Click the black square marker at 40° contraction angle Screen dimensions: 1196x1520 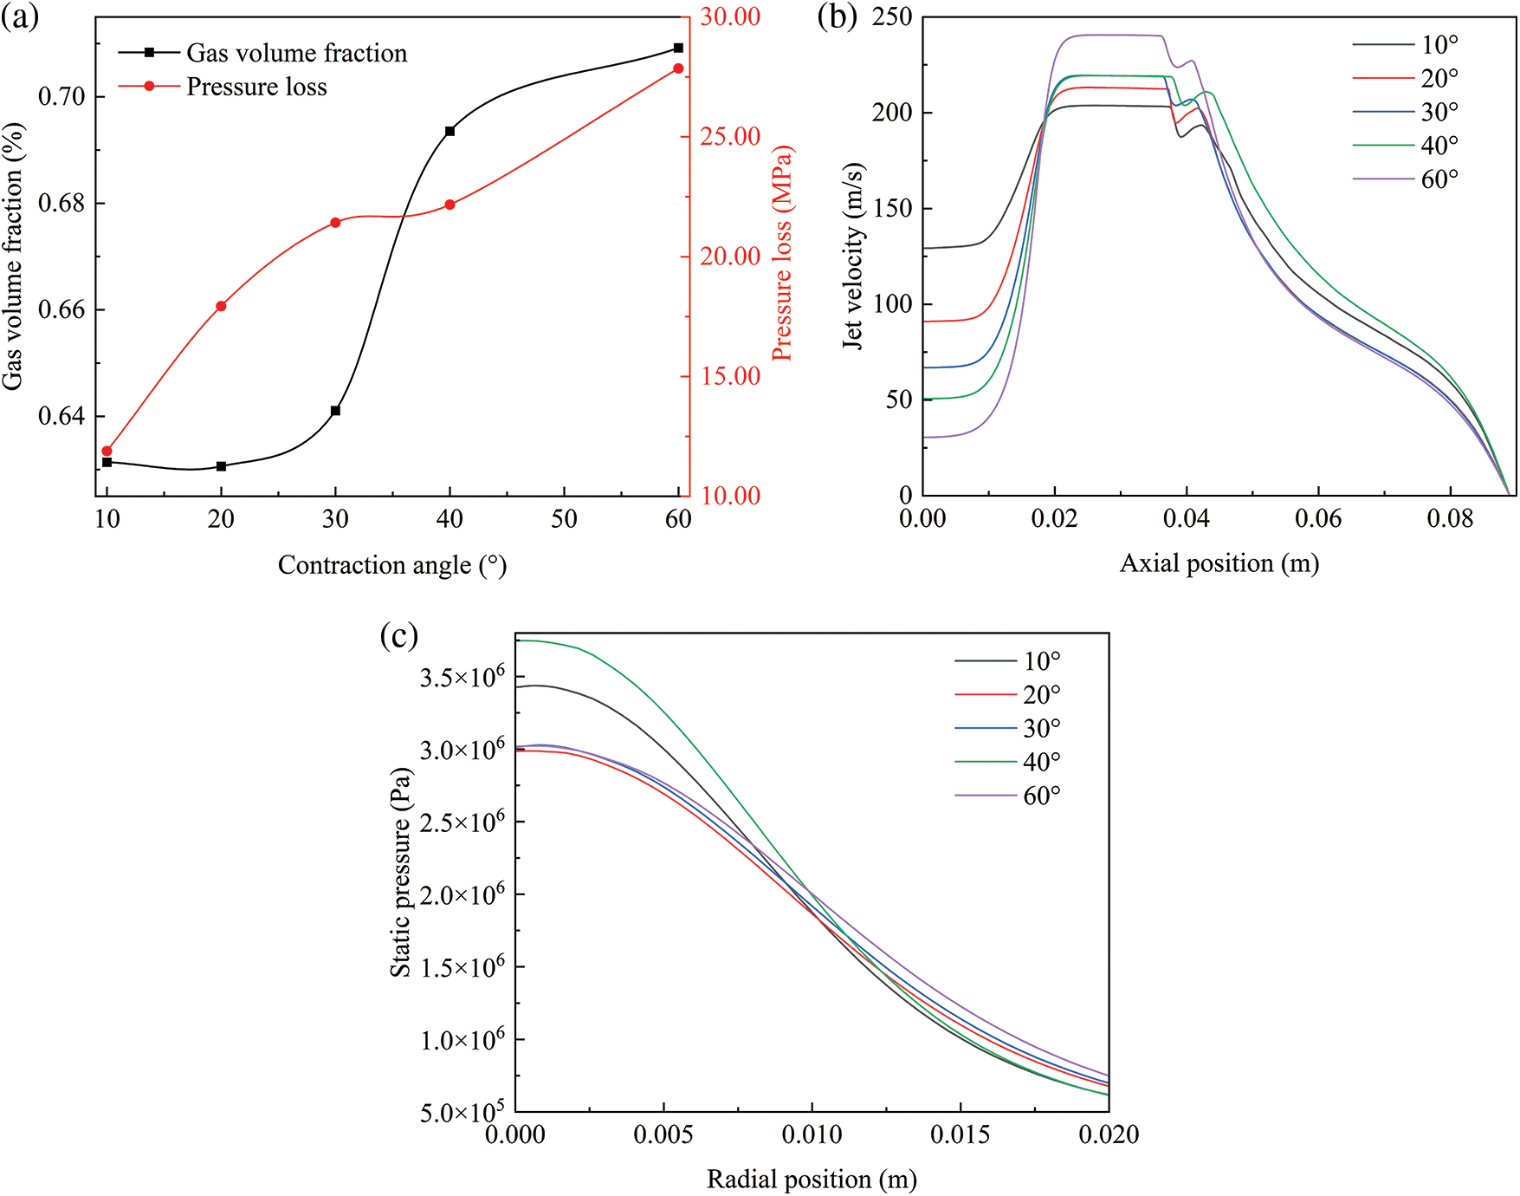[450, 131]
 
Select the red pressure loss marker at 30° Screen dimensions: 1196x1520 [335, 223]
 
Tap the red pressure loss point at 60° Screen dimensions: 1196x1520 [678, 68]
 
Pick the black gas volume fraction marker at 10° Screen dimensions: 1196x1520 [107, 462]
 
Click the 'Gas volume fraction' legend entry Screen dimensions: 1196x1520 [296, 53]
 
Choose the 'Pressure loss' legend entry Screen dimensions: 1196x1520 [256, 87]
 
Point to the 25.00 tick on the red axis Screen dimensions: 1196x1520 [730, 136]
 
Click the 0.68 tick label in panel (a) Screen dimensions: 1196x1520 [62, 203]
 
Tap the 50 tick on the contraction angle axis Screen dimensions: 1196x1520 [564, 518]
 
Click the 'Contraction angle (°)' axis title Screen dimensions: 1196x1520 [391, 565]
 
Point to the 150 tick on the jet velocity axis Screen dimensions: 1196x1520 [892, 208]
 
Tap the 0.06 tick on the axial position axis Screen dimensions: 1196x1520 [1318, 518]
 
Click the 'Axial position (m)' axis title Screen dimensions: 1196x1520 [1219, 563]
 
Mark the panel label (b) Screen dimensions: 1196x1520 [837, 17]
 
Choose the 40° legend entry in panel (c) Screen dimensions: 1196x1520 [1041, 762]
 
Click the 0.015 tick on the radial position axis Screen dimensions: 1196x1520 [960, 1134]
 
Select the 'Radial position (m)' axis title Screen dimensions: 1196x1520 [812, 1179]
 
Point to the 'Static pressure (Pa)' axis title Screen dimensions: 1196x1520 [400, 872]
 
